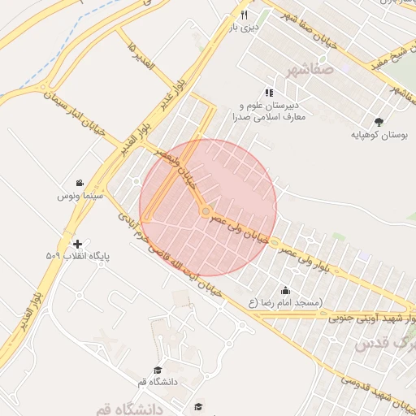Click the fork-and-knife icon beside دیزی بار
tap(244, 15)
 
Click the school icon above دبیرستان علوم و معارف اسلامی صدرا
tap(269, 93)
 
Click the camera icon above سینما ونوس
tap(80, 183)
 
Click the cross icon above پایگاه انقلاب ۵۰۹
tap(77, 244)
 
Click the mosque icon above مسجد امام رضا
tap(285, 291)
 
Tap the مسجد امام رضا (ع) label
tap(285, 303)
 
